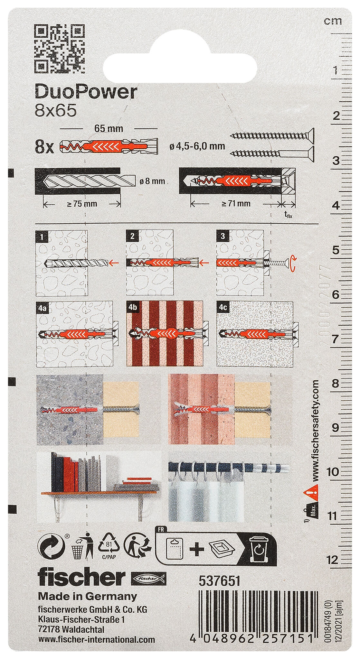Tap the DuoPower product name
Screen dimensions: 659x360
(86, 93)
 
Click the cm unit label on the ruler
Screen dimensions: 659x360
(333, 21)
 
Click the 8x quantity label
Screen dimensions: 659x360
(45, 148)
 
